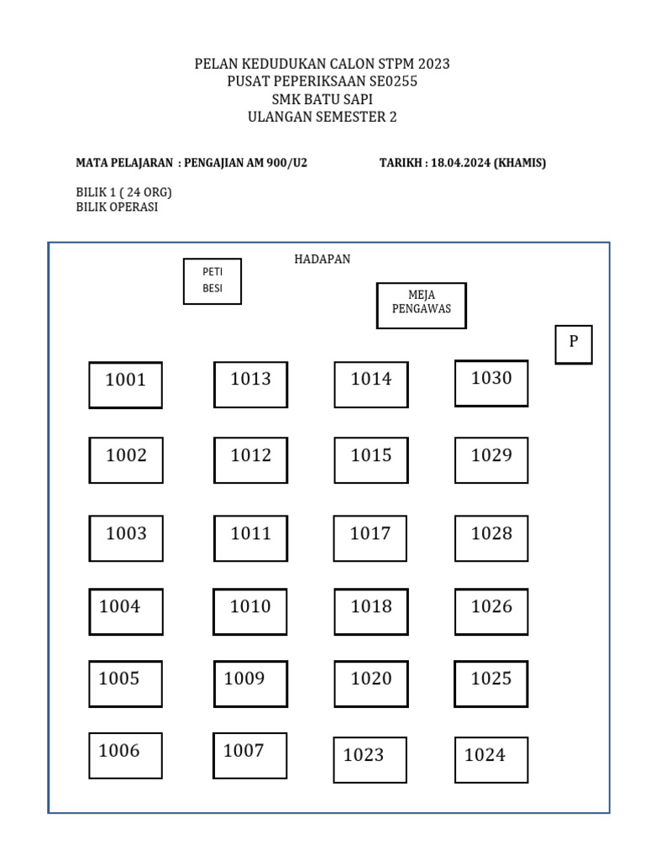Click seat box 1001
125,385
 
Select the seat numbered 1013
250,385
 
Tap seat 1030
491,383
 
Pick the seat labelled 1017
370,538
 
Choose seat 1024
491,760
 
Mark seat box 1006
125,756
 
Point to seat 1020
370,684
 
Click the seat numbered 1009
250,684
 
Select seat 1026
491,611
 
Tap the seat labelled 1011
250,538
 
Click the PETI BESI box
212,281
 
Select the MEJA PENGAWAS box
421,305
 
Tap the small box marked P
574,344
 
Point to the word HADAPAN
322,260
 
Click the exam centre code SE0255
387,81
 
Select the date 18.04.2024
460,163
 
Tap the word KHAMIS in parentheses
520,163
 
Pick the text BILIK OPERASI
117,207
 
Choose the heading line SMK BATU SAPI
322,99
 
